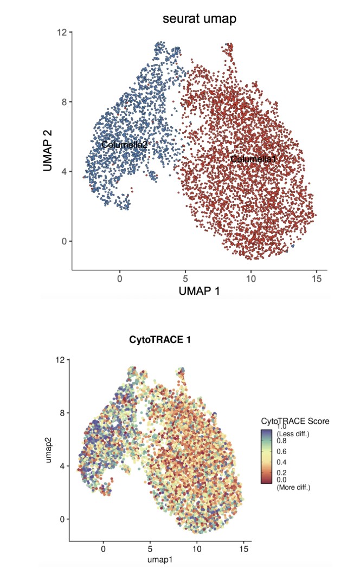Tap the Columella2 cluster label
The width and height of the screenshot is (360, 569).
coord(125,145)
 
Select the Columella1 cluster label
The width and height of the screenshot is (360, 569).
coord(253,159)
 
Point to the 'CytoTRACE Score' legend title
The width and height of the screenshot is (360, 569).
coord(295,421)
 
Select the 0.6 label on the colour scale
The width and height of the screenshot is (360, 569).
coord(282,451)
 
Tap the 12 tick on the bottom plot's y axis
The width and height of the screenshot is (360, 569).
coord(61,360)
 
